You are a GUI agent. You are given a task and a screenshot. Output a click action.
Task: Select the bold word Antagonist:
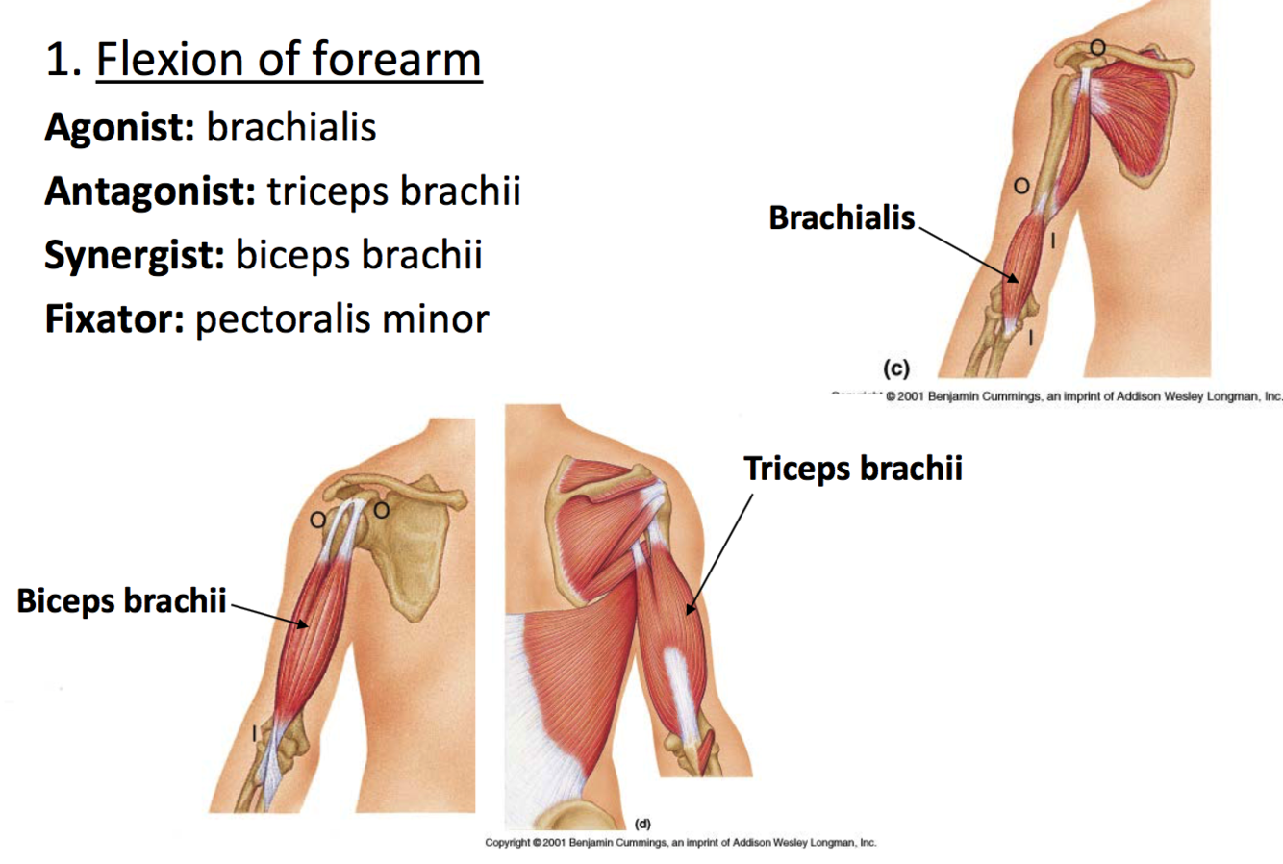[x=149, y=191]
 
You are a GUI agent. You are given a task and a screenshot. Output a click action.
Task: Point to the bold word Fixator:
[x=113, y=318]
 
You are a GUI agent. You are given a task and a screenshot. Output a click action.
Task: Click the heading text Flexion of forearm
[x=289, y=60]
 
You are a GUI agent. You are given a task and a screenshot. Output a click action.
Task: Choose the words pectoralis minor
[x=342, y=318]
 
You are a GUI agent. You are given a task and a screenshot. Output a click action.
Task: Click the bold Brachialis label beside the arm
[x=842, y=218]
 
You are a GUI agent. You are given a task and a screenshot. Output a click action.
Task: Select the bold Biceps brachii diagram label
[x=121, y=601]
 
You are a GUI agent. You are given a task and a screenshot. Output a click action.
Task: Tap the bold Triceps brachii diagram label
[x=853, y=469]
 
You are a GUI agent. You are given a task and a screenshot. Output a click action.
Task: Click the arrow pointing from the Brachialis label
[x=968, y=251]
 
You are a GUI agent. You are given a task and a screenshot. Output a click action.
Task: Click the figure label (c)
[x=895, y=368]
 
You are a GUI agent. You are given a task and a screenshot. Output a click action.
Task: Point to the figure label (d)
[x=642, y=824]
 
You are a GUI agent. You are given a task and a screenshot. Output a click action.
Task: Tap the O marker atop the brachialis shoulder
[x=1096, y=46]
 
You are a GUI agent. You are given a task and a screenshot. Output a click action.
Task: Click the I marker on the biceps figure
[x=254, y=733]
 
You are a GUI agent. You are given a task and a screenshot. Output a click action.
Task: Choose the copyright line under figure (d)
[x=680, y=843]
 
